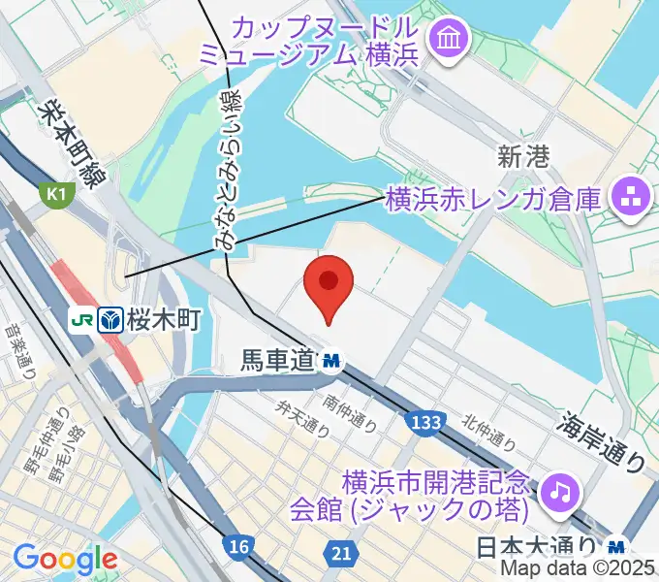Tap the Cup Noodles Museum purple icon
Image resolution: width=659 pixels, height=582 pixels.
(x=451, y=39)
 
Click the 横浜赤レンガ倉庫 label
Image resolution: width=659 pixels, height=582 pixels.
(x=493, y=200)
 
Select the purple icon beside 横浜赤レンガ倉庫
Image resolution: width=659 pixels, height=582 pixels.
(x=627, y=200)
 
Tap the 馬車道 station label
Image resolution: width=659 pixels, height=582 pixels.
(x=277, y=361)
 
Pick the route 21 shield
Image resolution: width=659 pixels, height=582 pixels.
(x=339, y=553)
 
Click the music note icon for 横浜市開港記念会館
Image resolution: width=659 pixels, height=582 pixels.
(x=557, y=492)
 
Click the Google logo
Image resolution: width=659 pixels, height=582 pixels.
(x=64, y=558)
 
